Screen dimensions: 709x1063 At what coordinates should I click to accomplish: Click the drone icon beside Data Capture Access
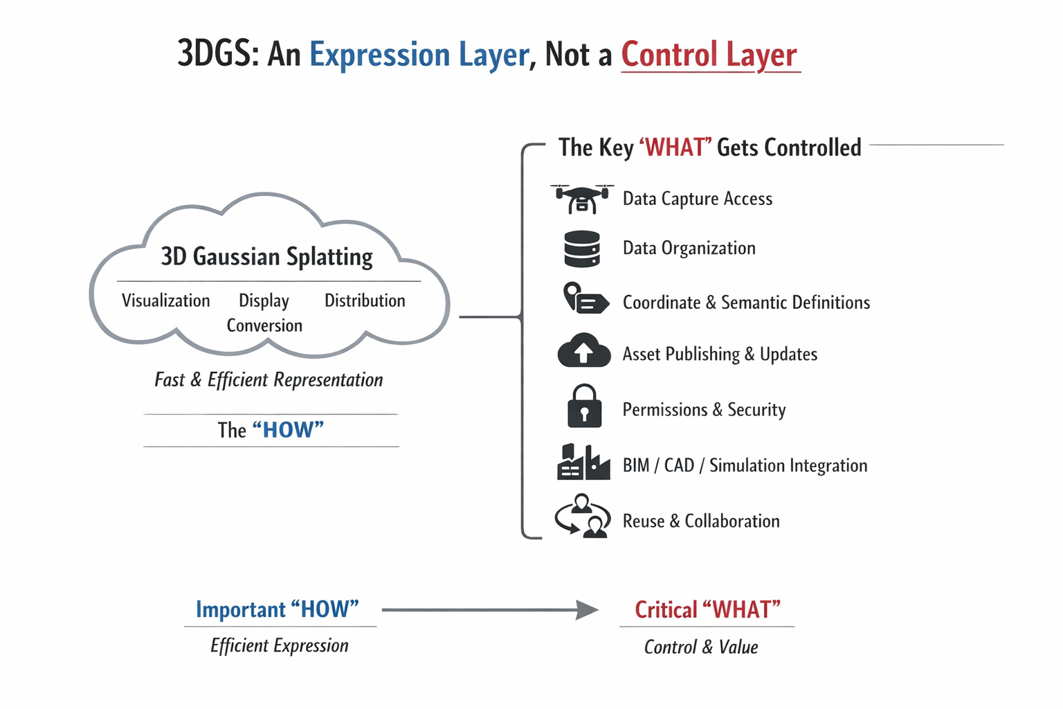pyautogui.click(x=582, y=199)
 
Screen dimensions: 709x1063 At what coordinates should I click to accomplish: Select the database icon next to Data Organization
pyautogui.click(x=582, y=249)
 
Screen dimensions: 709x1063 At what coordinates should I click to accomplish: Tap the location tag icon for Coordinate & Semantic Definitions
pyautogui.click(x=585, y=299)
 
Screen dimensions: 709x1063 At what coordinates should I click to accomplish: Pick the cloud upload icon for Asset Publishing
pyautogui.click(x=583, y=351)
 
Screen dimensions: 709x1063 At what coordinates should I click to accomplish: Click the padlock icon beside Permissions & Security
pyautogui.click(x=584, y=406)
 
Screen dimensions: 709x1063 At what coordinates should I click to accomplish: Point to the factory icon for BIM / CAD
pyautogui.click(x=583, y=463)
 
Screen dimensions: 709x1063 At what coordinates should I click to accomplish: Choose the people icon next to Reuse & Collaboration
pyautogui.click(x=583, y=517)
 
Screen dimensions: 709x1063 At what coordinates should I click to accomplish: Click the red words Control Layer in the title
pyautogui.click(x=709, y=55)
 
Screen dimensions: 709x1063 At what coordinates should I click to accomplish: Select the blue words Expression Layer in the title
pyautogui.click(x=419, y=55)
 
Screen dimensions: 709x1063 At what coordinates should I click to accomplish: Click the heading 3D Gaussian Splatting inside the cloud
pyautogui.click(x=266, y=257)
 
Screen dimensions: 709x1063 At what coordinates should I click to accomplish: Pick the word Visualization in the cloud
pyautogui.click(x=166, y=300)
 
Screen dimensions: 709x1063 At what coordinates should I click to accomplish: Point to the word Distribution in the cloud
pyautogui.click(x=365, y=300)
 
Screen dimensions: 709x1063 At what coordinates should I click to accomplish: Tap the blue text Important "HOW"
pyautogui.click(x=278, y=609)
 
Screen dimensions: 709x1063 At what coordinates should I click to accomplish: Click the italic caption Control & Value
pyautogui.click(x=701, y=647)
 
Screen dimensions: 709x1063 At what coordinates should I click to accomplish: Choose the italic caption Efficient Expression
pyautogui.click(x=280, y=646)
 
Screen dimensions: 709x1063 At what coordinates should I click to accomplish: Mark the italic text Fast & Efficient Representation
pyautogui.click(x=269, y=379)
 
